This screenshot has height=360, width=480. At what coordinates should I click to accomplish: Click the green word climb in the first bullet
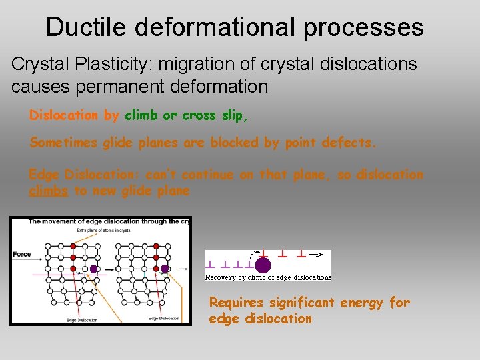tap(141, 115)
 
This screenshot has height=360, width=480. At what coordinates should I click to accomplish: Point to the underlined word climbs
tap(49, 191)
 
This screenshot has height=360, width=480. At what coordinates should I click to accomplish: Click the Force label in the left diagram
tap(22, 254)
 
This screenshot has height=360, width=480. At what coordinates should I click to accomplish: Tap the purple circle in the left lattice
tap(94, 269)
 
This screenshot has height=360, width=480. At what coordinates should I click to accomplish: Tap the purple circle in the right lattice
tap(165, 269)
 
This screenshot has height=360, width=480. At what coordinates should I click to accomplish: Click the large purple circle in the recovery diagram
tap(263, 265)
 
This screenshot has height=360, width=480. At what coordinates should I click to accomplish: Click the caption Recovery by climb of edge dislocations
tap(268, 277)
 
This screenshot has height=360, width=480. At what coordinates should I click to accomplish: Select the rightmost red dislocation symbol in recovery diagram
tap(301, 254)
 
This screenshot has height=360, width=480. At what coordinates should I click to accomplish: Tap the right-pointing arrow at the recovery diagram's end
tap(320, 254)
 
